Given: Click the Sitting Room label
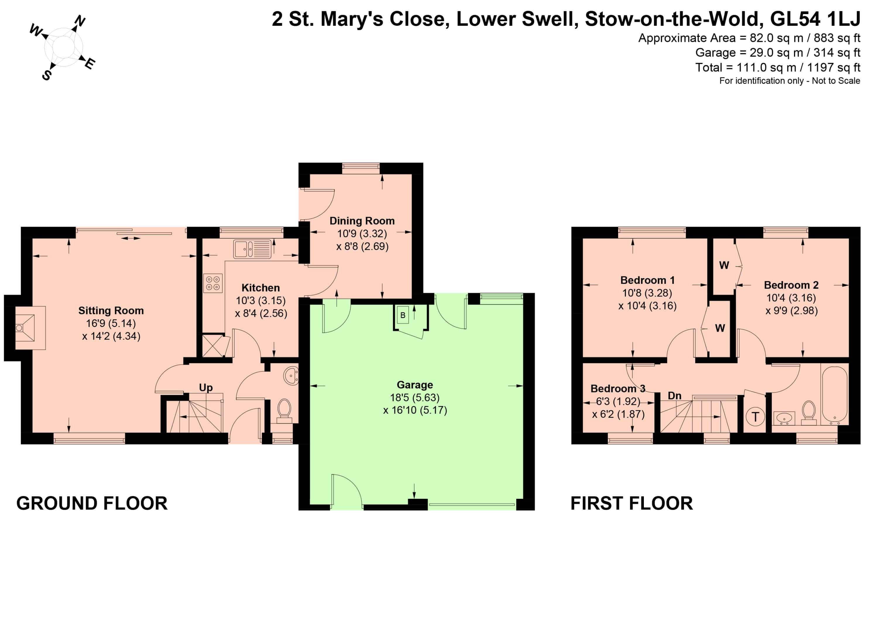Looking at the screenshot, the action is pos(111,311).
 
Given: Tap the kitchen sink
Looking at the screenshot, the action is pos(252,249).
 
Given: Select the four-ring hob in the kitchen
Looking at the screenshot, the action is pos(213,283).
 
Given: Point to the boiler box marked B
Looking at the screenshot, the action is pos(403,315).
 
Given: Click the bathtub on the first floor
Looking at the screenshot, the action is pos(835,393).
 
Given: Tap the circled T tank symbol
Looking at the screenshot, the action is pos(755,417).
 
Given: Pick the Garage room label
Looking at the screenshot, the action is pos(415,385).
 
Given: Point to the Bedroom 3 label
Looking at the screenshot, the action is pos(618,388).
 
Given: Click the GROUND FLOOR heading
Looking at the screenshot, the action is pos(92,503).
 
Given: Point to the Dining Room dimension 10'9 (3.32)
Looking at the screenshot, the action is pos(362,234).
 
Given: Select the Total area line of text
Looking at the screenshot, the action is pos(778,67).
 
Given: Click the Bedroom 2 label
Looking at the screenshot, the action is pos(791,285).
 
